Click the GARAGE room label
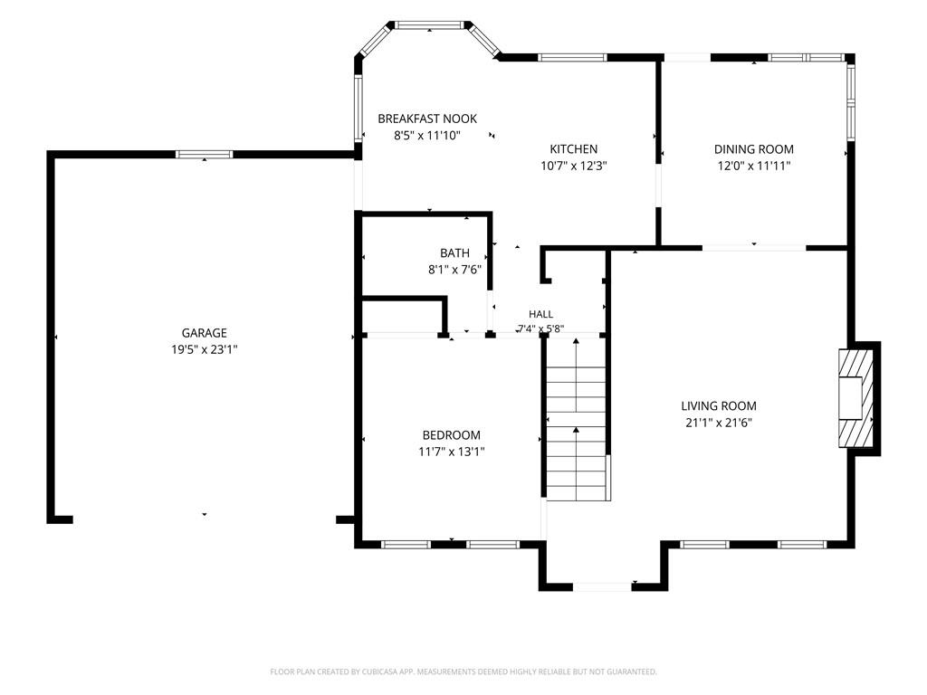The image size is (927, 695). click(x=204, y=333)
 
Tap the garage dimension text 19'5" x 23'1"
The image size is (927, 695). click(x=204, y=349)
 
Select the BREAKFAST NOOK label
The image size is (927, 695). click(x=427, y=119)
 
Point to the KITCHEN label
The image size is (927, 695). click(x=573, y=149)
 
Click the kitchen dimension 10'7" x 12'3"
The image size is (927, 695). click(x=573, y=166)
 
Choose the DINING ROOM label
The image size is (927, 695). click(x=754, y=149)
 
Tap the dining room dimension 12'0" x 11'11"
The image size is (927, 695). click(x=754, y=166)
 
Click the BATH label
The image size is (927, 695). click(x=454, y=253)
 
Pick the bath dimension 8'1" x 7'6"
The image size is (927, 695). click(x=454, y=270)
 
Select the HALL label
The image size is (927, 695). click(x=541, y=314)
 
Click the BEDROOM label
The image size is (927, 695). click(x=451, y=435)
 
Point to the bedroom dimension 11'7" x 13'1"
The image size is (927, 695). click(x=451, y=452)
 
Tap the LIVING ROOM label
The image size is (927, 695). click(x=718, y=406)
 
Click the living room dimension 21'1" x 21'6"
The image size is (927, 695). click(x=718, y=423)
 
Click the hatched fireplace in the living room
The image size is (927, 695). click(x=855, y=398)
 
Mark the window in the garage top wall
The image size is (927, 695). click(x=204, y=154)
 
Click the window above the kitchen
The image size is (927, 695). click(x=572, y=57)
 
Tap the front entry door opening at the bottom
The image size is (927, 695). click(x=602, y=586)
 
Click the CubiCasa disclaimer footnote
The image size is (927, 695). click(x=463, y=671)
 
